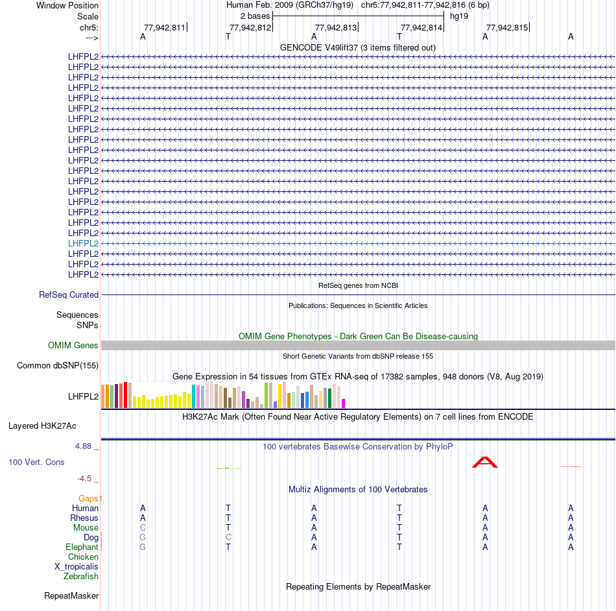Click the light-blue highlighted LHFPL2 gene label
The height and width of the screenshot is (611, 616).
[83, 243]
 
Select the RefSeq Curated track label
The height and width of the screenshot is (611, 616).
[69, 294]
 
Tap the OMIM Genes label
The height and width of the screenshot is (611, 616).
[73, 346]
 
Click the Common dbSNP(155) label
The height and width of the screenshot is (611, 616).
[58, 366]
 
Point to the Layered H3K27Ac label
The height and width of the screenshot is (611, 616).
[42, 426]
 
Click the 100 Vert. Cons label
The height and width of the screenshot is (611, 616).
[36, 462]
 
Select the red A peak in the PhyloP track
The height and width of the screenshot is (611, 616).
[485, 462]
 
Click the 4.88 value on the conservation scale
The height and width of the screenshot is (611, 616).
[84, 446]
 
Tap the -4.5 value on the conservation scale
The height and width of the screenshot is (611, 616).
[84, 479]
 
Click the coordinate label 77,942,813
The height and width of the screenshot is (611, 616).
[336, 27]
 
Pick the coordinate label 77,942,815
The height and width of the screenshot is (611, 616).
[507, 27]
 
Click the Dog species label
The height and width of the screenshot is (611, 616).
[91, 538]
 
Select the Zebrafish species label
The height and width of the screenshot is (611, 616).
[81, 576]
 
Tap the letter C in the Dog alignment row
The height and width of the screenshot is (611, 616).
[228, 538]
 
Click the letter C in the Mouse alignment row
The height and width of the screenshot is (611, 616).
[143, 528]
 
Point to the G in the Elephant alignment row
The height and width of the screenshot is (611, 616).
[143, 547]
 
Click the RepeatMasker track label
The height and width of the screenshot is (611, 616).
[71, 595]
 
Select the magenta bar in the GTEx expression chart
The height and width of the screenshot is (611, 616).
[344, 403]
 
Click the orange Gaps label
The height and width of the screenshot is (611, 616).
[89, 498]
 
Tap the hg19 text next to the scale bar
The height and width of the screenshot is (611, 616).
[459, 16]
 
